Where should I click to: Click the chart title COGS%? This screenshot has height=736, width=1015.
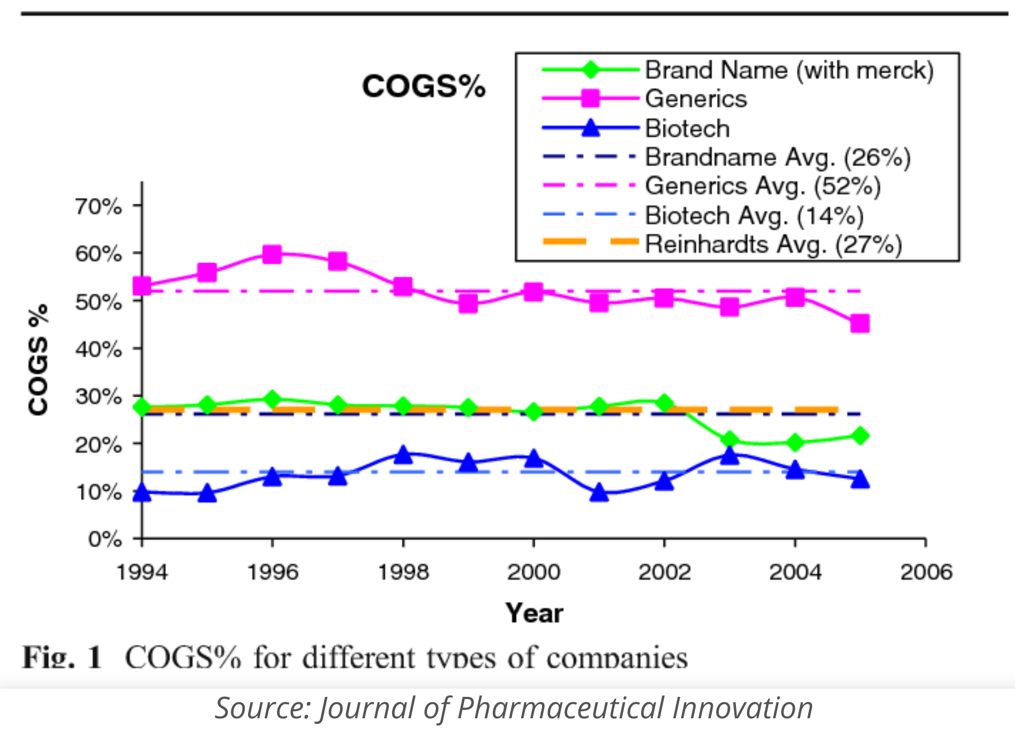point(423,86)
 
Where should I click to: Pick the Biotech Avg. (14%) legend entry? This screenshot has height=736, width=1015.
point(754,215)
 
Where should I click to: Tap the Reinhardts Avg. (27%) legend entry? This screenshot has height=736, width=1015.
point(773,244)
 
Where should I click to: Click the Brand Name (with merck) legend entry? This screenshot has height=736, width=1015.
point(788,70)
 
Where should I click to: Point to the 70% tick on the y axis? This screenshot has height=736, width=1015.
point(99,206)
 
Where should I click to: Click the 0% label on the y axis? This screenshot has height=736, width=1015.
point(105,539)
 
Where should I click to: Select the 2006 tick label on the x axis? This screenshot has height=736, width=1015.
point(926,572)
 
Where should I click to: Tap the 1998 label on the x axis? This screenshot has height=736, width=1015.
point(403,572)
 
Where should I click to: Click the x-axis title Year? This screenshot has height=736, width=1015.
point(534,613)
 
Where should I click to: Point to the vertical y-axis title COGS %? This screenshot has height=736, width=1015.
point(39,360)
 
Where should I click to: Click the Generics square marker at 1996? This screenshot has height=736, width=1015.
point(272,254)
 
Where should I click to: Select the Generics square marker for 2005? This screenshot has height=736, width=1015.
point(860,323)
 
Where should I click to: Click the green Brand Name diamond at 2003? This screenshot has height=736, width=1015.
point(730,441)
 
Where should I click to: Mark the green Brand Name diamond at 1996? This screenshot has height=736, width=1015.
point(272,399)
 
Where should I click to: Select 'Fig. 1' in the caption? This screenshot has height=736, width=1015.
point(62,657)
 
